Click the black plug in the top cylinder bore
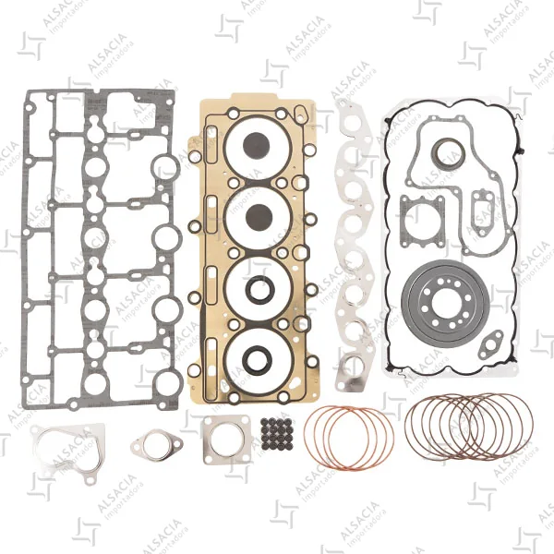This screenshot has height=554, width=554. pos(257,146)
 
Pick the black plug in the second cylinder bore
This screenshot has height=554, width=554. pos(259,217)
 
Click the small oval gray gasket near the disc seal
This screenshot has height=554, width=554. pos(490,344)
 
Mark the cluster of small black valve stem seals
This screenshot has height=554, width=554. pos(274,434)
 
